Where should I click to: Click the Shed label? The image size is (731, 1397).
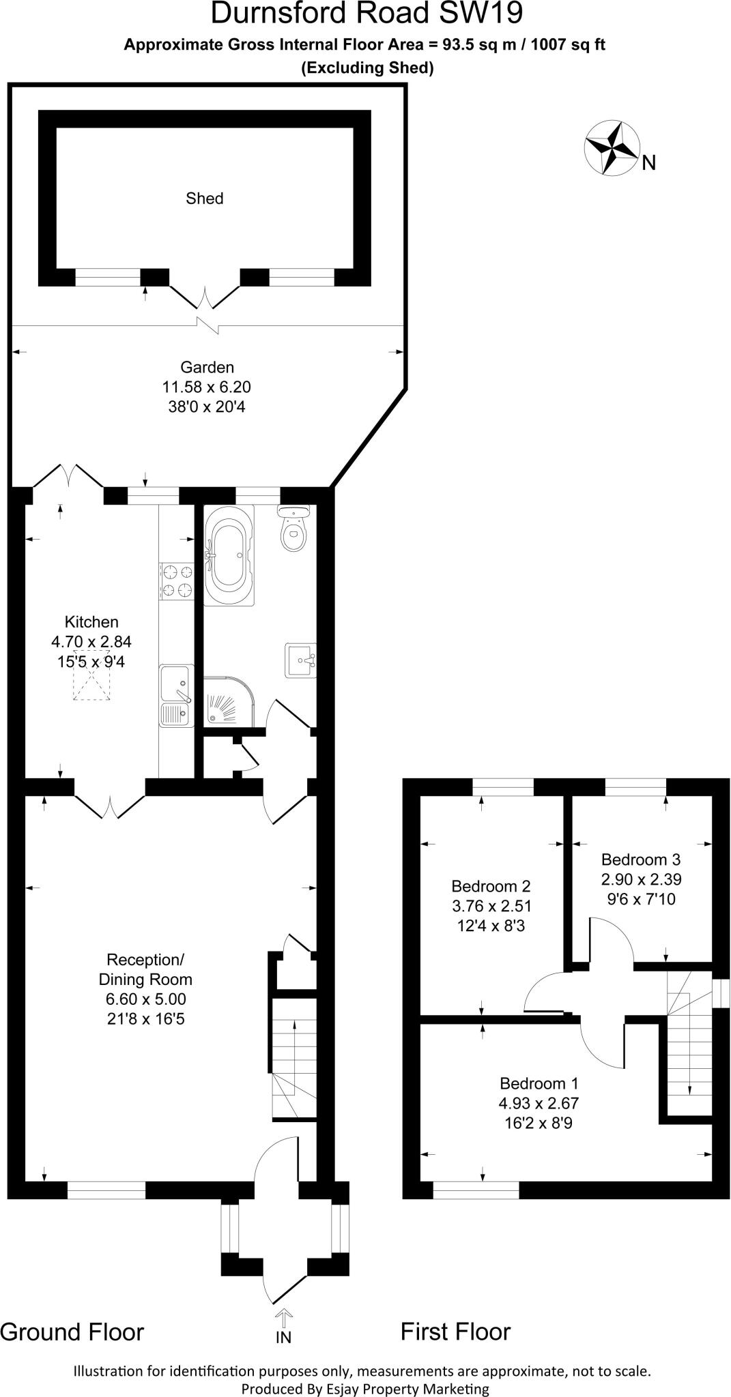click(204, 198)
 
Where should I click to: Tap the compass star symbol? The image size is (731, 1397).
click(611, 147)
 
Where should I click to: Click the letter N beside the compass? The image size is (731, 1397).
click(648, 163)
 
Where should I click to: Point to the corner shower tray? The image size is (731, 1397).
click(228, 703)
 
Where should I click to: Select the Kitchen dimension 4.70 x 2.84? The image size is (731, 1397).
click(91, 641)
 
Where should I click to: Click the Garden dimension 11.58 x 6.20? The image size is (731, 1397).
click(206, 387)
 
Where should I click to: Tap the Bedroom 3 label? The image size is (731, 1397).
click(640, 859)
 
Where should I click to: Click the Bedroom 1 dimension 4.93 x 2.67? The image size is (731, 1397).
click(539, 1103)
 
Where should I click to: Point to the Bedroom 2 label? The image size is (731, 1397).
click(491, 886)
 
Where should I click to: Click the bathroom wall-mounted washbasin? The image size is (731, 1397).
click(300, 660)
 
